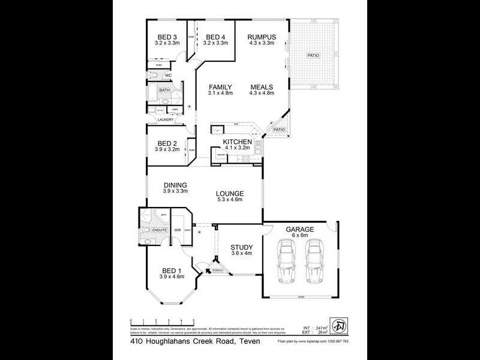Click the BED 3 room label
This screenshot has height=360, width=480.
coord(166,37)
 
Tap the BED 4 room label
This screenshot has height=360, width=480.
coord(215,37)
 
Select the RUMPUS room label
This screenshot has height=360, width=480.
coord(261,37)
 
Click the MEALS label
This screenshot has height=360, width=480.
coord(262,87)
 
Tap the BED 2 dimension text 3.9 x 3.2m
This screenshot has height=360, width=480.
coord(167,149)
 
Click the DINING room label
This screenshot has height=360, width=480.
coord(175,185)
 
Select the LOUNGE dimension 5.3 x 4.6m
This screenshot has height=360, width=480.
coord(230,200)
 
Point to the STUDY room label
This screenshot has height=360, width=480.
coord(242,247)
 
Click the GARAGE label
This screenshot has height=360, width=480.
coord(299,229)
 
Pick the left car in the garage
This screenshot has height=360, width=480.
coord(287,262)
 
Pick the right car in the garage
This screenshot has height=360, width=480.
coord(314,262)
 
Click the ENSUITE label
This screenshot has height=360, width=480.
coord(159,230)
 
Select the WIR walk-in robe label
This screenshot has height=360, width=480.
coord(178,230)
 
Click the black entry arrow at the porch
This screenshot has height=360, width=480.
coord(208,271)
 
